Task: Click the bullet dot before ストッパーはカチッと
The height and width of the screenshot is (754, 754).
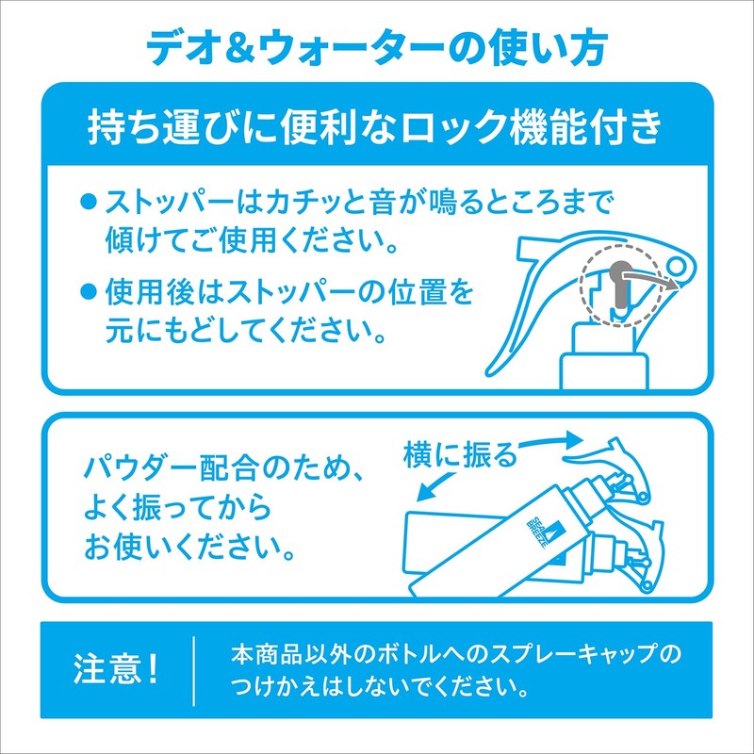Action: pyautogui.click(x=88, y=203)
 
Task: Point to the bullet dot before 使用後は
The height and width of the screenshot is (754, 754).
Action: pyautogui.click(x=88, y=291)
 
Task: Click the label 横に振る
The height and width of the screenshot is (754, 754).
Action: pyautogui.click(x=459, y=454)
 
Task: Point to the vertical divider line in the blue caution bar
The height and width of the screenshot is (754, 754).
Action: pyautogui.click(x=194, y=671)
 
